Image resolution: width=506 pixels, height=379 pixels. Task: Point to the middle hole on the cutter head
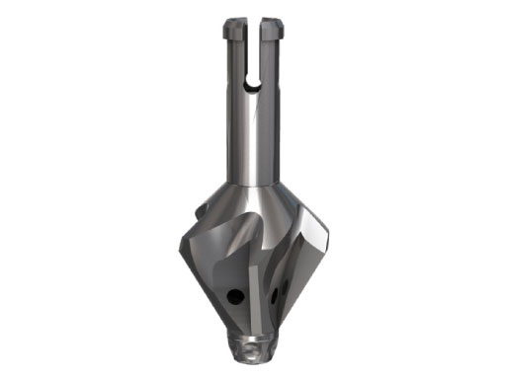click(x=274, y=293)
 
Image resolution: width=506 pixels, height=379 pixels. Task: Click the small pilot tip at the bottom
click(x=254, y=345)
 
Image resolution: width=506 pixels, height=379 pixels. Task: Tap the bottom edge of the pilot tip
click(x=254, y=357)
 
